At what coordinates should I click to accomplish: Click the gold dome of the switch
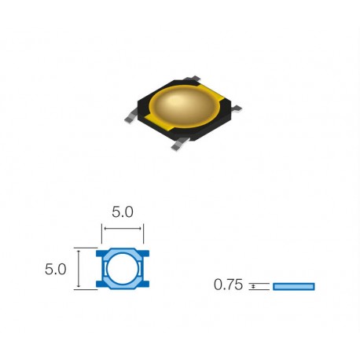click(184, 107)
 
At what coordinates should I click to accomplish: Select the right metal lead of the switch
click(237, 108)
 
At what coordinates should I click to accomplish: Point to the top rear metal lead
click(193, 78)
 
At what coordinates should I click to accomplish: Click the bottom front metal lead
click(180, 144)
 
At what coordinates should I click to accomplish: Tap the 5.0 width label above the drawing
click(123, 212)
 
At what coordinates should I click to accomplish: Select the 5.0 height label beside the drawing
click(55, 269)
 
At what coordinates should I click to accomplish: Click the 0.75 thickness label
click(228, 285)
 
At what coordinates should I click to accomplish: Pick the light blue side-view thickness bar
click(294, 286)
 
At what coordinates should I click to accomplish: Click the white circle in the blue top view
click(123, 268)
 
